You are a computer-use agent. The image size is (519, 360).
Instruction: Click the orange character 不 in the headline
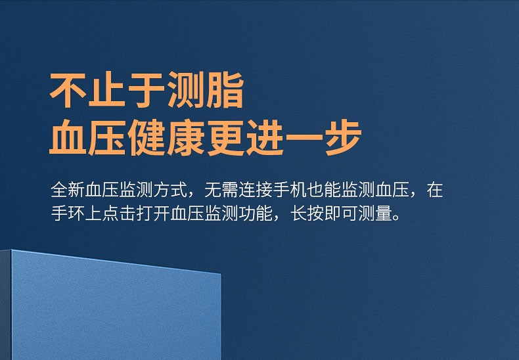click(68, 89)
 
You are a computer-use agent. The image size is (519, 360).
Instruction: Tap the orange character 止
click(107, 89)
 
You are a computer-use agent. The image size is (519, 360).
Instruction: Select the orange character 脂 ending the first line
click(225, 89)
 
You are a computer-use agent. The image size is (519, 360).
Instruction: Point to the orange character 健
click(147, 138)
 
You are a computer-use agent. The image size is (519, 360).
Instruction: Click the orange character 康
click(186, 138)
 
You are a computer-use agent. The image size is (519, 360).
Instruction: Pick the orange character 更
click(225, 138)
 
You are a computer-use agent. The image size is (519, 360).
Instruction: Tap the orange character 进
click(265, 138)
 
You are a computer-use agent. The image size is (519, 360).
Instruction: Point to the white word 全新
click(68, 190)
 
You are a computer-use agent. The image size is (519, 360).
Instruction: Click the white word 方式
click(170, 190)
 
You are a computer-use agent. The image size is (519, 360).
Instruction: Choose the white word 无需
click(221, 190)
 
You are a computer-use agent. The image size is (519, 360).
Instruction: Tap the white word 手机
click(290, 190)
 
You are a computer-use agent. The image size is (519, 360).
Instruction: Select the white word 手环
click(68, 214)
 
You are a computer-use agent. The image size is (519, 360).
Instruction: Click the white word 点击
click(119, 214)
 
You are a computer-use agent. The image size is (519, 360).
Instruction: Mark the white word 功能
click(256, 214)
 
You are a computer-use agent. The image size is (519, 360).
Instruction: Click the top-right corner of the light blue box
click(221, 274)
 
